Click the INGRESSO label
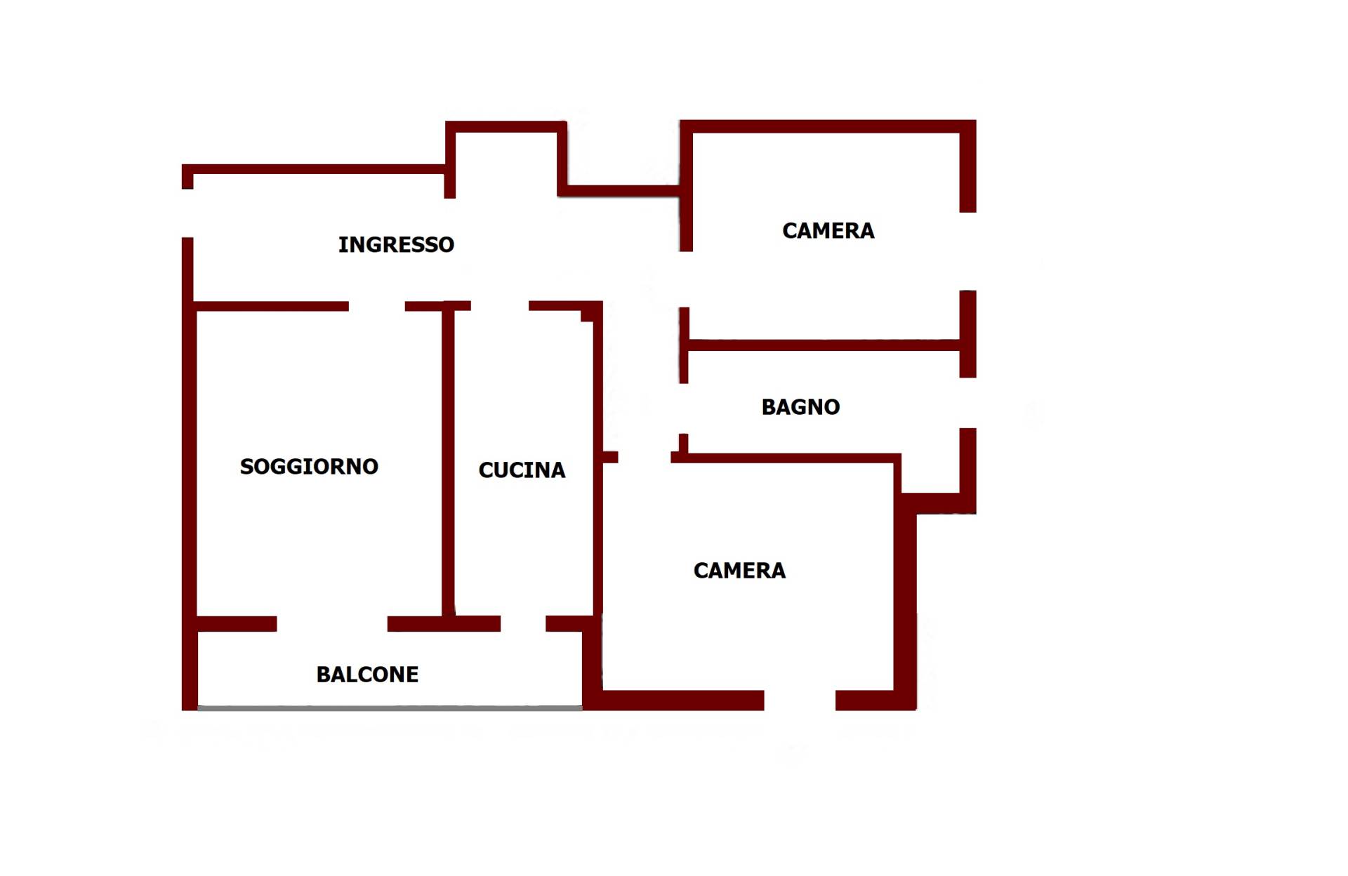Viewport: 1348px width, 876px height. click(x=396, y=244)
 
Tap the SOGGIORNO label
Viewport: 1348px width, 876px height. click(x=309, y=466)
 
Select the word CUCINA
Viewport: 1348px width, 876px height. click(x=522, y=470)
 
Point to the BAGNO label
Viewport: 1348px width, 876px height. click(x=800, y=407)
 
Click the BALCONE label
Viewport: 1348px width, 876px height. click(x=367, y=675)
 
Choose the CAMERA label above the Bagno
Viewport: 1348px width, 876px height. click(x=828, y=231)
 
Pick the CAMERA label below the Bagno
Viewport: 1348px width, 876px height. click(x=739, y=571)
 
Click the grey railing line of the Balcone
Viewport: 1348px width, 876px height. click(x=390, y=708)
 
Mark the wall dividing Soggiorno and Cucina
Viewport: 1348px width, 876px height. click(x=449, y=463)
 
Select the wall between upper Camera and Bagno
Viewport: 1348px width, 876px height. click(x=824, y=345)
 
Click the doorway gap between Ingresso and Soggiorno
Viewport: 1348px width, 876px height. click(x=377, y=306)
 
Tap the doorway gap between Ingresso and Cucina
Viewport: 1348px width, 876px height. click(x=500, y=306)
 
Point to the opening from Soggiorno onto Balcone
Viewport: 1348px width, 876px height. click(x=332, y=623)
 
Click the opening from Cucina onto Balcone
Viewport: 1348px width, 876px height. click(x=523, y=623)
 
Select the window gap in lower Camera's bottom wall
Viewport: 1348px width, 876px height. click(x=800, y=700)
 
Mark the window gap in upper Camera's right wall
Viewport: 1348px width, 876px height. click(x=967, y=251)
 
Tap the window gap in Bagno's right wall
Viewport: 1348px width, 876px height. click(x=967, y=403)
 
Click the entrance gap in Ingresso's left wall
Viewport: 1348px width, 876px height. click(x=187, y=213)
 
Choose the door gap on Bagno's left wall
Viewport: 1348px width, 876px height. click(x=684, y=409)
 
